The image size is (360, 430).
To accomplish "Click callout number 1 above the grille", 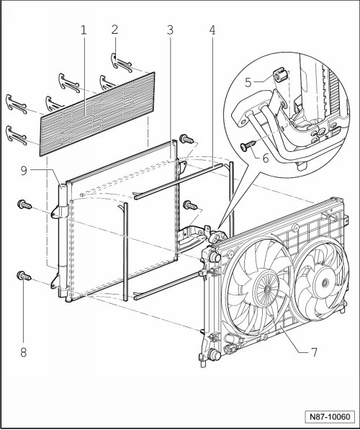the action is click(84, 30).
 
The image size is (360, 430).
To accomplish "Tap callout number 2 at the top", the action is click(114, 30).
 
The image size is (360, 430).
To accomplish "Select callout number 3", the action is click(170, 30).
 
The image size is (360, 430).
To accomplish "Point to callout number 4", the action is click(212, 30).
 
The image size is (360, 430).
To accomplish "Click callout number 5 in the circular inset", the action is click(248, 82).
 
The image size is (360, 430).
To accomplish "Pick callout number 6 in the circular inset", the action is click(266, 158).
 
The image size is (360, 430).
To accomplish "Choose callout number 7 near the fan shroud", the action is click(314, 351).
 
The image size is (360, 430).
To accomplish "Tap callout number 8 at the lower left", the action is click(24, 352).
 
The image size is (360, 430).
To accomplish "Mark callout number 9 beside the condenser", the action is click(24, 170).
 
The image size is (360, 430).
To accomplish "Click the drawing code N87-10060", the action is click(330, 417).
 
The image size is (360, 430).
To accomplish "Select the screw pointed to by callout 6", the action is click(248, 145).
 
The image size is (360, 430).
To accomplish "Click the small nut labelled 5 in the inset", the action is click(280, 75).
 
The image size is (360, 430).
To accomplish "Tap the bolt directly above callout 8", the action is click(24, 276).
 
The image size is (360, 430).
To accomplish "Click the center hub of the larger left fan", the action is click(267, 289).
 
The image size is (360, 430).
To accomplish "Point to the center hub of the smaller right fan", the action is click(325, 282).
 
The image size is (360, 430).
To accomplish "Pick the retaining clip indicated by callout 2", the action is click(121, 63).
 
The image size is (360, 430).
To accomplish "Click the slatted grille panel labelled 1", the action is click(97, 115).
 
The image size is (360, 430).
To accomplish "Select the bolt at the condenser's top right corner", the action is click(186, 139).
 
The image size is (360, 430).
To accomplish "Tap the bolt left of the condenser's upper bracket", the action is click(24, 205).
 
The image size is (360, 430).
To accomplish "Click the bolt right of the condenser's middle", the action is click(190, 205).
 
